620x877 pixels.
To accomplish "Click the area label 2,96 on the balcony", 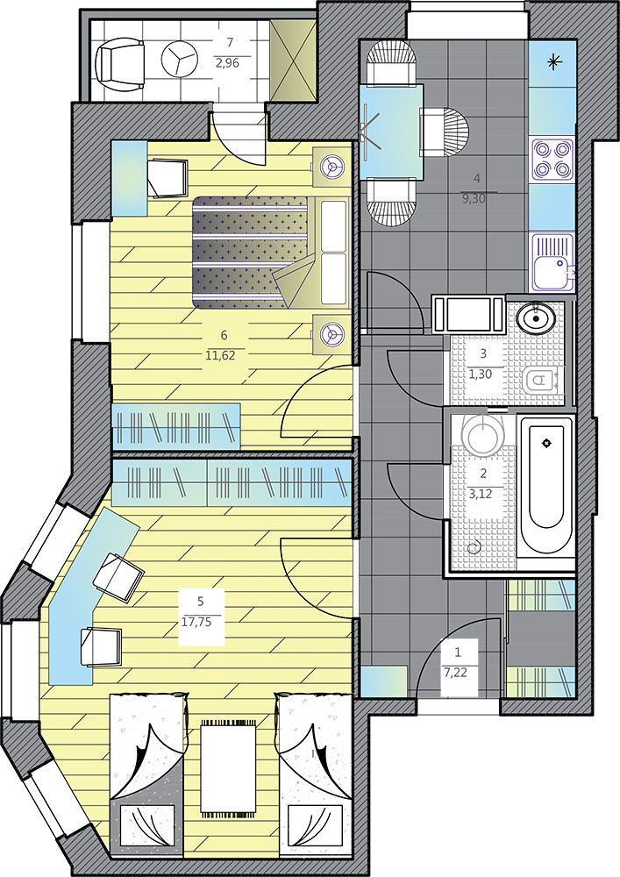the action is [x=227, y=63].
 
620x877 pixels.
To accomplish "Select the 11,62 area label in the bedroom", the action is [x=224, y=354].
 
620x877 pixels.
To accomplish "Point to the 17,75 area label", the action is [x=201, y=622].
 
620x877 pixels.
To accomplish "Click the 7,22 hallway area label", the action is [x=459, y=674].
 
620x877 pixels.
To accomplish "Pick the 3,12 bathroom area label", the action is [x=483, y=494].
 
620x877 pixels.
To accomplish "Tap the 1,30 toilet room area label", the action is [x=483, y=374].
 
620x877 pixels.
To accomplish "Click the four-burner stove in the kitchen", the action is [x=553, y=160].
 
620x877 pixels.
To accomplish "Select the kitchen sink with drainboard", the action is [x=553, y=261].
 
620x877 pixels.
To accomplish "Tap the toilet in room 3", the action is [x=542, y=381].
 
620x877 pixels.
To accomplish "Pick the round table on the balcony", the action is [x=179, y=58].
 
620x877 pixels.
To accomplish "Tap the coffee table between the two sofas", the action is [x=228, y=766].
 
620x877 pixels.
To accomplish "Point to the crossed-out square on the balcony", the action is [x=293, y=61].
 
